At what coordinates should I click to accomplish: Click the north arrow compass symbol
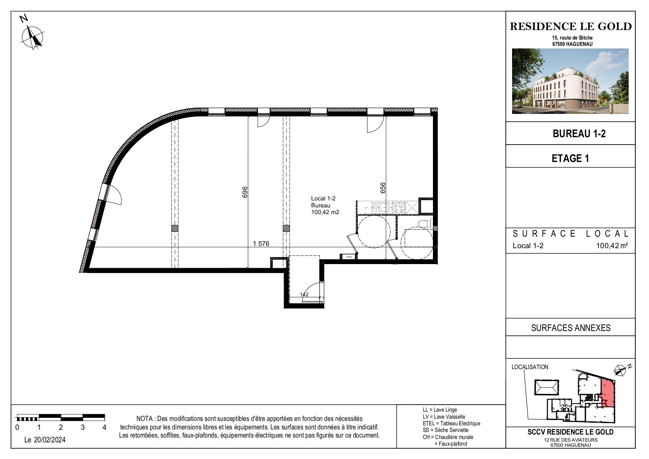33,37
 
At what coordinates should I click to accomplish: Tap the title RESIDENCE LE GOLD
571,26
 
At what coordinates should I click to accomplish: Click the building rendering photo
570,81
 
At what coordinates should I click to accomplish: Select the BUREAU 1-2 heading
579,134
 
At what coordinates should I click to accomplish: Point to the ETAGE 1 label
570,158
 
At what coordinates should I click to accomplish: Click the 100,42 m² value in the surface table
612,246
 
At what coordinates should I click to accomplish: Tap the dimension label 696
245,192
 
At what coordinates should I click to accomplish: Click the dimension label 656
383,188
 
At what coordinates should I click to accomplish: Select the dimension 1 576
261,244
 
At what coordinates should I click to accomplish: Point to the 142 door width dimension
304,295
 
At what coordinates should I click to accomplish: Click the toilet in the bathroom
424,223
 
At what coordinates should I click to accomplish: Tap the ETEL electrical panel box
349,257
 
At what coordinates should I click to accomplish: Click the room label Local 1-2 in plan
323,199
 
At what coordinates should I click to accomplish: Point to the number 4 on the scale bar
104,428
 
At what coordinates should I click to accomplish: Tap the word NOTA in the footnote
145,419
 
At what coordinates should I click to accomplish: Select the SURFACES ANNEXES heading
571,328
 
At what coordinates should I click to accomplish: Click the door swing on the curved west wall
114,195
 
